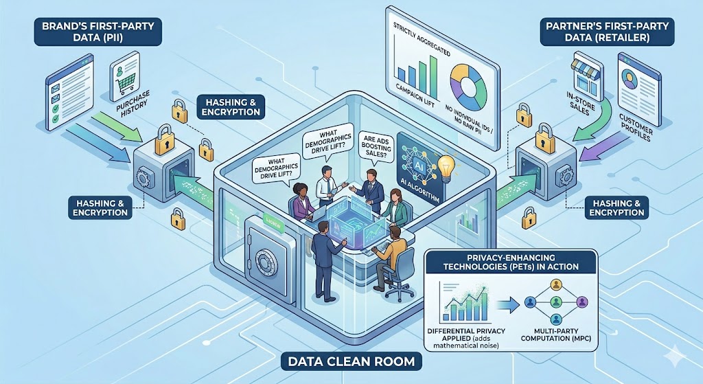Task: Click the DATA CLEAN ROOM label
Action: pyautogui.click(x=351, y=359)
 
